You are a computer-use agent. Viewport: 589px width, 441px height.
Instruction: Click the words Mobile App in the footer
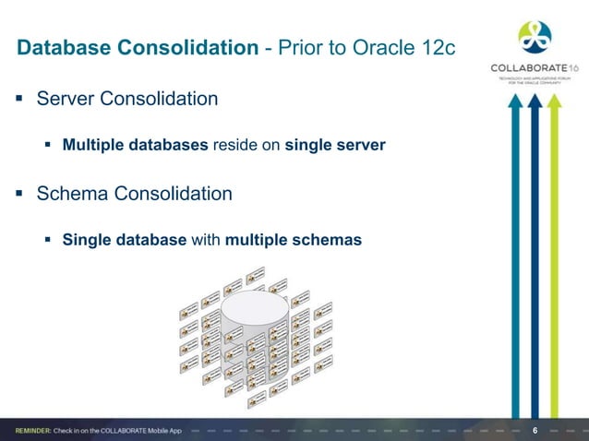194,431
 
